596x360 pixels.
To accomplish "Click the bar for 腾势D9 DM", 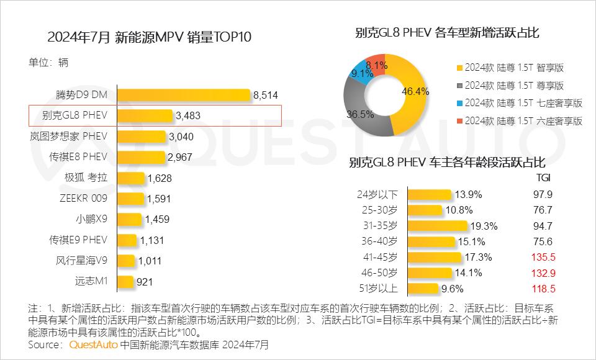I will click(184, 95).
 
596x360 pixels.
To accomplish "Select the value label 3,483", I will click(188, 115).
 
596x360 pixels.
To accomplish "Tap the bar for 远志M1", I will click(125, 281).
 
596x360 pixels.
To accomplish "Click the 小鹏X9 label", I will click(92, 219).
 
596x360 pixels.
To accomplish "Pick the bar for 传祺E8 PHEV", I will click(142, 157).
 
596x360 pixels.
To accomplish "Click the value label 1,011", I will click(149, 261).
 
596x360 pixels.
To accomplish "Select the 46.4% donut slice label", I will click(415, 91).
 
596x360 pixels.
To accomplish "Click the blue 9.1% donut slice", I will click(361, 72).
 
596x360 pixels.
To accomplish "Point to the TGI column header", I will click(543, 178).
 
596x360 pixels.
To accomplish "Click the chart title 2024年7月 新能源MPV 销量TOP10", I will click(150, 37).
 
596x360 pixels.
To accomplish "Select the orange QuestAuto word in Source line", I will click(93, 344).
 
